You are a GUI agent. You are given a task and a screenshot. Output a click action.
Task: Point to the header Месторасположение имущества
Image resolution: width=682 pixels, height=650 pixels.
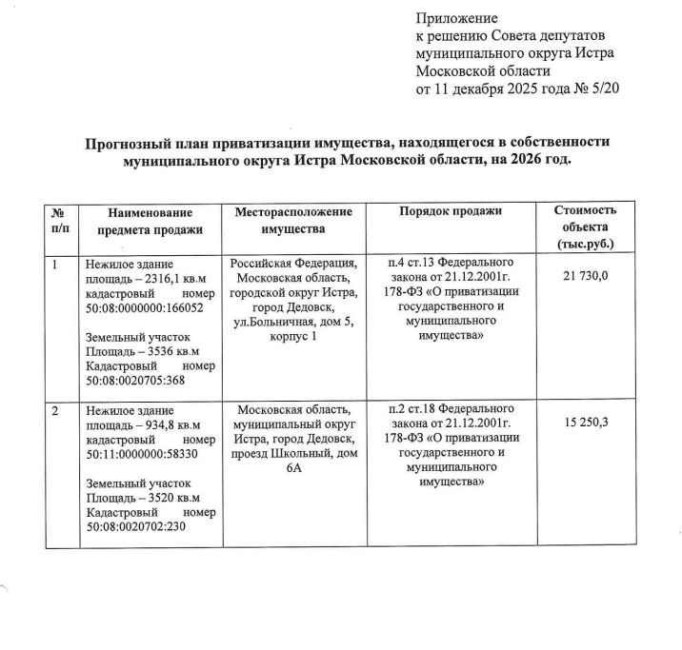point(293,220)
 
